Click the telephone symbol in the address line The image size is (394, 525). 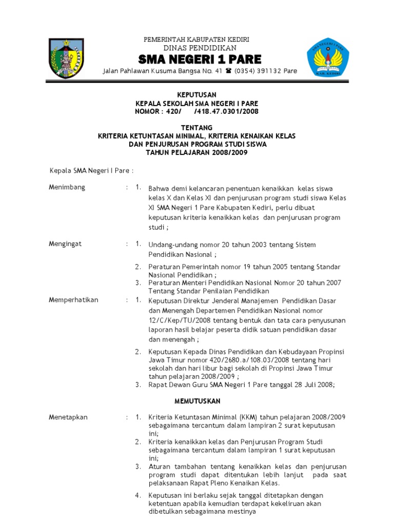coord(228,71)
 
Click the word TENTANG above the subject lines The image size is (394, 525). coord(197,127)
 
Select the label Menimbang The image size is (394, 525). coord(67,187)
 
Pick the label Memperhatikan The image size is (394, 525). coord(74,300)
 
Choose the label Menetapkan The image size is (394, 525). coord(68,417)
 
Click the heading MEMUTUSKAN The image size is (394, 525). coord(197,400)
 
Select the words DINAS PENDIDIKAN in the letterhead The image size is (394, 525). coord(197,48)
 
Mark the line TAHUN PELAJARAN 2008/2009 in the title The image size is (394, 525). coord(197,152)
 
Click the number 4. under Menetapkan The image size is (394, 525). coord(138,495)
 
